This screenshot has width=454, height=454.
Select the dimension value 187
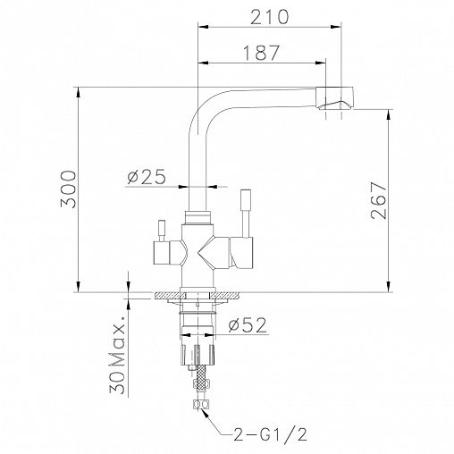(x=260, y=53)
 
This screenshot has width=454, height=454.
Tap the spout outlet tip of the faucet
(x=338, y=105)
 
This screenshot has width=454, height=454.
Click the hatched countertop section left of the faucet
(x=166, y=295)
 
